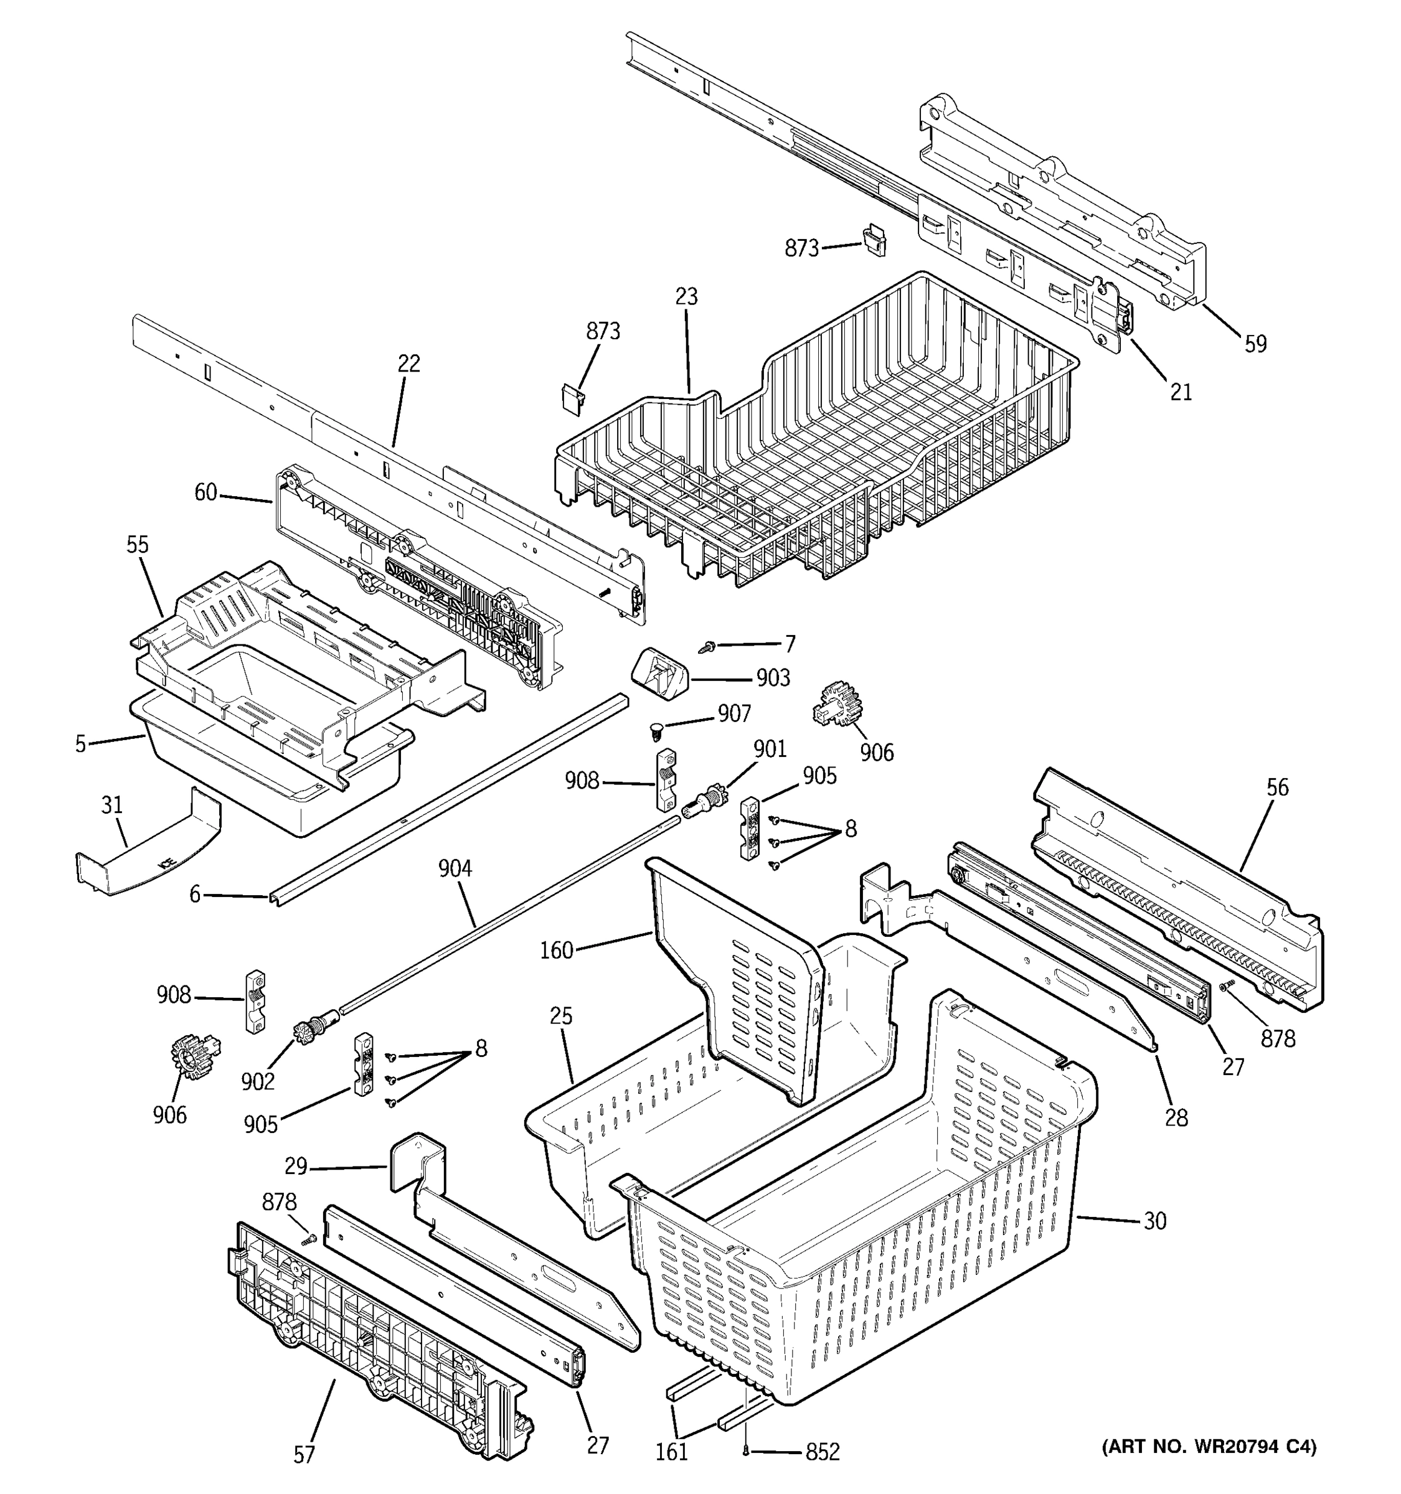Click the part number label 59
click(x=1255, y=344)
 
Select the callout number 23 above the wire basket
click(x=686, y=296)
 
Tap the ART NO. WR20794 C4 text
click(x=1209, y=1446)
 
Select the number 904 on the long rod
click(x=455, y=869)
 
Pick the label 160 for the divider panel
click(x=556, y=950)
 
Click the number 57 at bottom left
click(x=304, y=1455)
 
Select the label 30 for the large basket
click(x=1154, y=1221)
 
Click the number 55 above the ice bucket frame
click(x=137, y=544)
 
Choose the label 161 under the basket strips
click(x=671, y=1451)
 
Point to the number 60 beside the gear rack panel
click(x=205, y=492)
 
